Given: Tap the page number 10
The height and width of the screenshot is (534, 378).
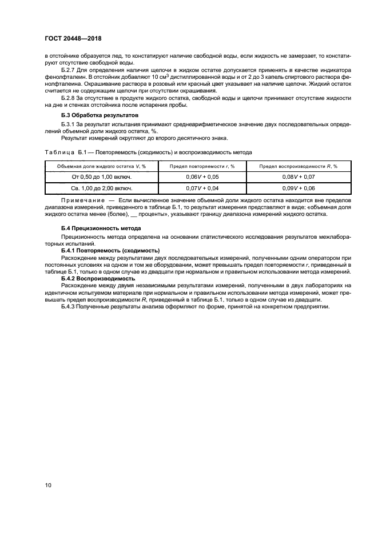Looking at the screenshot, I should [x=49, y=485].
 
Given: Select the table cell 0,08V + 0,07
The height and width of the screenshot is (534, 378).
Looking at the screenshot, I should [x=299, y=177].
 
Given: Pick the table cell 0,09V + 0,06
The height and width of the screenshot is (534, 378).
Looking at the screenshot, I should [x=299, y=187].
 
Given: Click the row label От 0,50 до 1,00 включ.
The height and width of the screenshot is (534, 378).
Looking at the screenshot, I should [x=97, y=177].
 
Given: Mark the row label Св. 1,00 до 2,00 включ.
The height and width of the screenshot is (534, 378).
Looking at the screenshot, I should [x=97, y=187].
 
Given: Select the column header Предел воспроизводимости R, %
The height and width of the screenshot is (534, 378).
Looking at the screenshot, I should [x=299, y=166].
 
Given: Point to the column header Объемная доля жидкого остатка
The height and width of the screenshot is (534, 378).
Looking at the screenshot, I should [x=97, y=166].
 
